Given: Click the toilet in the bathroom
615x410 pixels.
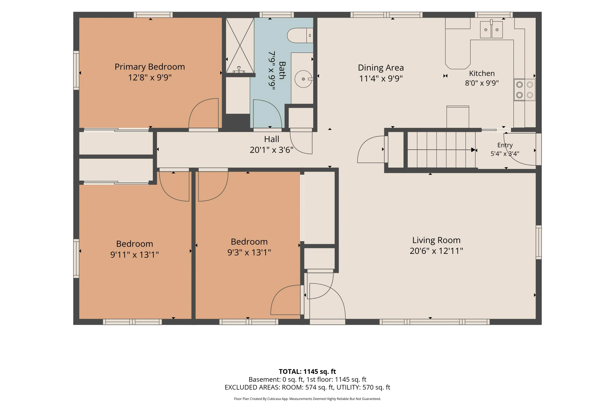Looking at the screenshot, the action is pyautogui.click(x=300, y=35).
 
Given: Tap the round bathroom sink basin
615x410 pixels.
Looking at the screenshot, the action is pyautogui.click(x=303, y=79).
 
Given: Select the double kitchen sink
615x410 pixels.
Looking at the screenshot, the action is pyautogui.click(x=491, y=30).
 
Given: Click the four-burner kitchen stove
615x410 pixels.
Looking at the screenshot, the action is pyautogui.click(x=525, y=90).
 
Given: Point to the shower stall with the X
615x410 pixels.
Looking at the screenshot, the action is pyautogui.click(x=240, y=45).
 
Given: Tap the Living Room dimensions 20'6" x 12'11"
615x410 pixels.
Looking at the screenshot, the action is pyautogui.click(x=436, y=251).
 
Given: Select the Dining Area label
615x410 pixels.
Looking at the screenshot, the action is pyautogui.click(x=381, y=67).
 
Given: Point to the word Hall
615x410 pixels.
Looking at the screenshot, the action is pyautogui.click(x=271, y=139).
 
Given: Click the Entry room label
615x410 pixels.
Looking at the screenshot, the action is pyautogui.click(x=505, y=145).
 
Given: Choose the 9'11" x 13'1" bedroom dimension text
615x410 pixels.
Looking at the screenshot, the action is pyautogui.click(x=134, y=254).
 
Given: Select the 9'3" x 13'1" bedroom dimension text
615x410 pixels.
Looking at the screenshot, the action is pyautogui.click(x=249, y=252).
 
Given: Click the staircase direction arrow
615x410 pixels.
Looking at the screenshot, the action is pyautogui.click(x=441, y=150).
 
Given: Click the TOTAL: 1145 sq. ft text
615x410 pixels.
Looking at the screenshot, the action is pyautogui.click(x=307, y=371).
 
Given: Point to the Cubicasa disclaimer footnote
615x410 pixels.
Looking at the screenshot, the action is pyautogui.click(x=307, y=399).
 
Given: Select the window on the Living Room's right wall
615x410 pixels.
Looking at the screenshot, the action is pyautogui.click(x=539, y=242).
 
